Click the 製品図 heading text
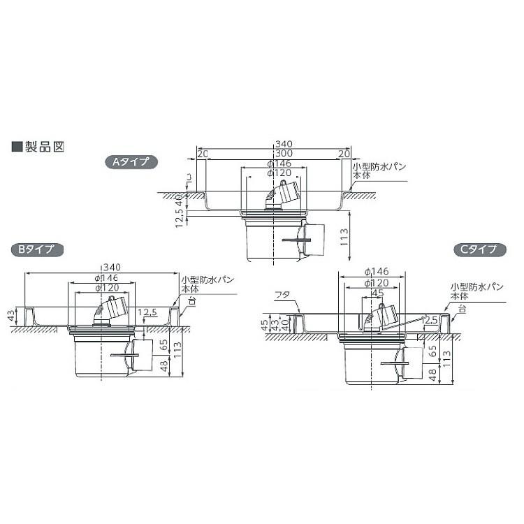click(x=44, y=147)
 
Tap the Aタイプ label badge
click(x=132, y=162)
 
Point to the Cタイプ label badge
click(x=474, y=249)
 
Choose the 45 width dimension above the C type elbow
click(x=378, y=293)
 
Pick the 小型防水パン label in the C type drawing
click(x=467, y=286)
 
